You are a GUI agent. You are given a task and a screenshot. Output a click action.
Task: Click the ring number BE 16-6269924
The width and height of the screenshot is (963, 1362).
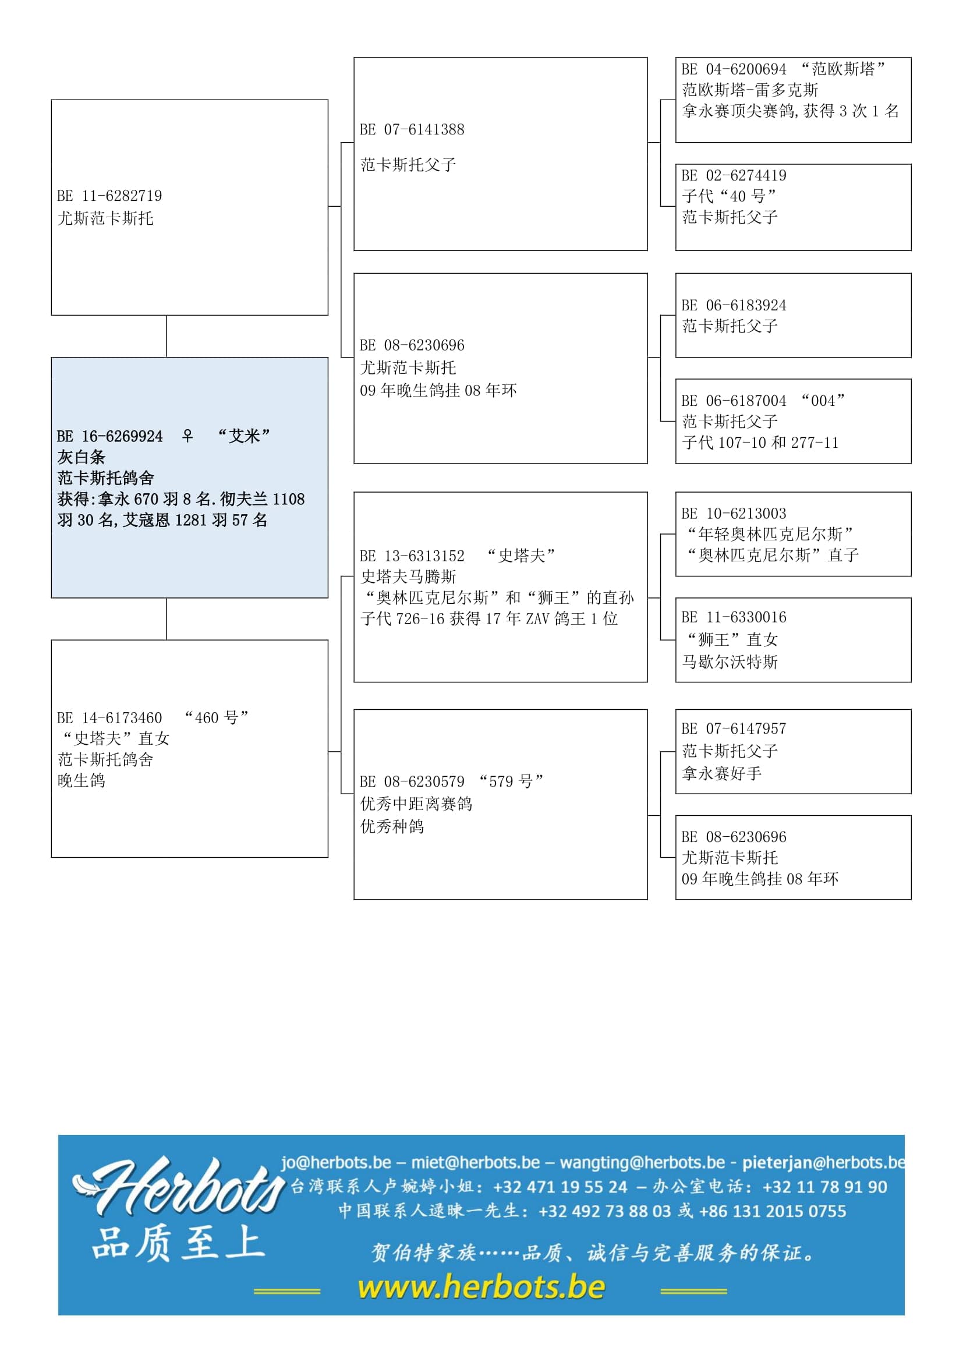(x=109, y=437)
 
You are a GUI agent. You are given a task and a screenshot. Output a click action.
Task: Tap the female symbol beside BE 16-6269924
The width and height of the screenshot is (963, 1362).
(x=187, y=436)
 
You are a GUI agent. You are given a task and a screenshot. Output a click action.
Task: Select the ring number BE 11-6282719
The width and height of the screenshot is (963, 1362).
(x=109, y=196)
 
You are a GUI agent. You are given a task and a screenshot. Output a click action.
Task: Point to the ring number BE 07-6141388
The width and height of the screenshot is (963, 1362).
(x=412, y=130)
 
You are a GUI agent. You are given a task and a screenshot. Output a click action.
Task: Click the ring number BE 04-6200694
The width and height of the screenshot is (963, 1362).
(x=734, y=69)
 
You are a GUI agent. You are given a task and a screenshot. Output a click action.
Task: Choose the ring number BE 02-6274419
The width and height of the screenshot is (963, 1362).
(x=734, y=176)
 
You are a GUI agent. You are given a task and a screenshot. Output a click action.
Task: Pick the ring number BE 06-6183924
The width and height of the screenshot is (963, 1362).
(x=734, y=306)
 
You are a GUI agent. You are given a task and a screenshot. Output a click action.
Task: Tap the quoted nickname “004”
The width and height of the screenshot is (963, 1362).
(x=823, y=401)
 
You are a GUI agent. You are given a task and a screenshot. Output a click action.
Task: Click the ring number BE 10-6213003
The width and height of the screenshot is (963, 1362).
(x=734, y=514)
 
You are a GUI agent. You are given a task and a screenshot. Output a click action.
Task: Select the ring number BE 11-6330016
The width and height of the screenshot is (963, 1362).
(x=734, y=617)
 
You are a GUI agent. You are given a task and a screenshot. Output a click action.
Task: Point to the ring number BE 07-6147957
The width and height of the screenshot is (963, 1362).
(x=734, y=728)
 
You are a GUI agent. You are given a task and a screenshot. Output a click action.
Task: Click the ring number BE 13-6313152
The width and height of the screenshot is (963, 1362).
(x=412, y=556)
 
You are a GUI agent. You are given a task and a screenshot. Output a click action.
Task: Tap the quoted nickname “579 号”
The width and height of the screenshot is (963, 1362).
(x=511, y=781)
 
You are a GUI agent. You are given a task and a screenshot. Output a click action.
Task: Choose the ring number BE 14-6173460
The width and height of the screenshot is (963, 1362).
(x=109, y=718)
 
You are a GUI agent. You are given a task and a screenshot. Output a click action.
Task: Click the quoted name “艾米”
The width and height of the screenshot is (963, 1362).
(x=244, y=436)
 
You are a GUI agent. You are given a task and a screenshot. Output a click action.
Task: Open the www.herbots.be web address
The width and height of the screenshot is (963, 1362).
(x=481, y=1287)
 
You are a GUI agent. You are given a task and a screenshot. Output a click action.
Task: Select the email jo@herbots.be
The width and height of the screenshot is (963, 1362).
(x=336, y=1162)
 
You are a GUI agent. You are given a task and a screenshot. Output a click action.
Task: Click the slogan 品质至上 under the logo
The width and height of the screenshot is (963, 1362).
(x=178, y=1244)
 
